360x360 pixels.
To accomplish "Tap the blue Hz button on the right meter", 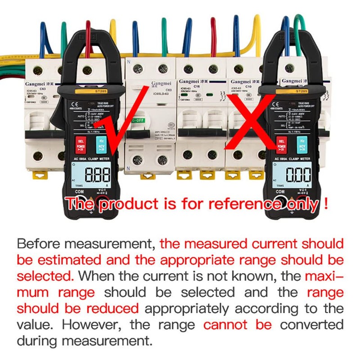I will [x=102, y=144].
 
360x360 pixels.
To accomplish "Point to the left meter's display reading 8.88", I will [x=94, y=175].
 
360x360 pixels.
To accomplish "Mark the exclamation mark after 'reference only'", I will [x=325, y=204].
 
